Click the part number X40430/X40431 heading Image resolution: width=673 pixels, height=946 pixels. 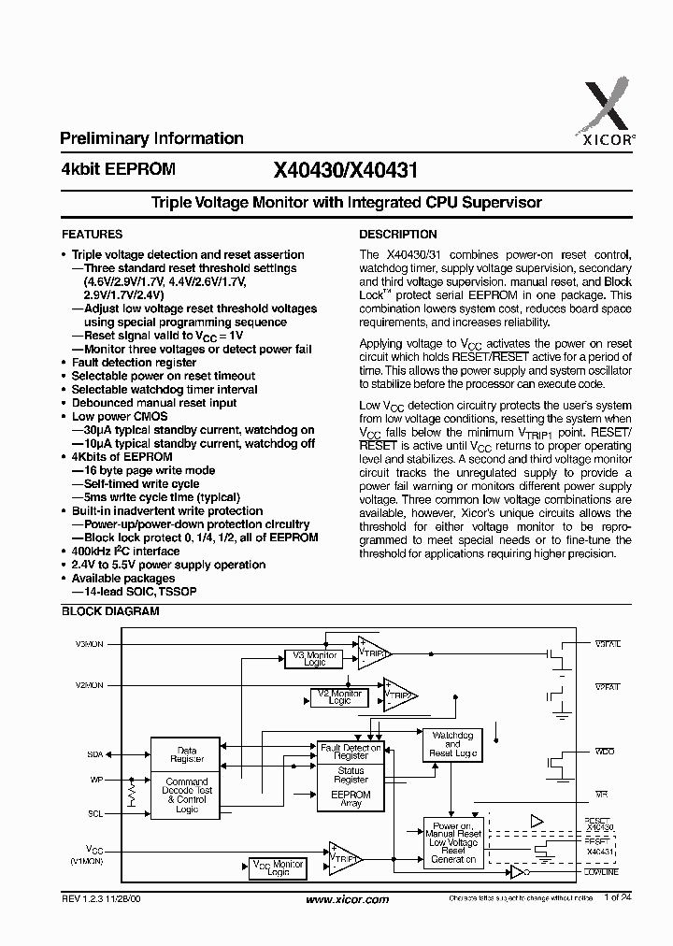pyautogui.click(x=345, y=170)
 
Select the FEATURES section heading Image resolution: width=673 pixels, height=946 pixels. pyautogui.click(x=92, y=235)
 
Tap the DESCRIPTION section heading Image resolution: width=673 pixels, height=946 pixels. pyautogui.click(x=398, y=235)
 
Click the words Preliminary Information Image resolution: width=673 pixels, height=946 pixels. pyautogui.click(x=151, y=138)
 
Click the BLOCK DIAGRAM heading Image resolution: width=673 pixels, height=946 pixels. pyautogui.click(x=110, y=611)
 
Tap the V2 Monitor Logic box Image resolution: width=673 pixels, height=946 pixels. pyautogui.click(x=338, y=697)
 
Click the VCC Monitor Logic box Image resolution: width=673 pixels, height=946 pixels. pyautogui.click(x=278, y=868)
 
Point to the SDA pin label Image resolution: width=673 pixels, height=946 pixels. pyautogui.click(x=94, y=753)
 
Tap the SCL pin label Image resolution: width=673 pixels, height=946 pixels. pyautogui.click(x=94, y=814)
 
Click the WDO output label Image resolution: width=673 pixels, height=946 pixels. pyautogui.click(x=606, y=752)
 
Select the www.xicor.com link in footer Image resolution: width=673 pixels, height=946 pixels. pyautogui.click(x=347, y=925)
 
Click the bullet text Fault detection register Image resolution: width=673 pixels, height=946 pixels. pyautogui.click(x=134, y=363)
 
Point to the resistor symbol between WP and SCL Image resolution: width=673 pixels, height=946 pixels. pyautogui.click(x=133, y=796)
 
